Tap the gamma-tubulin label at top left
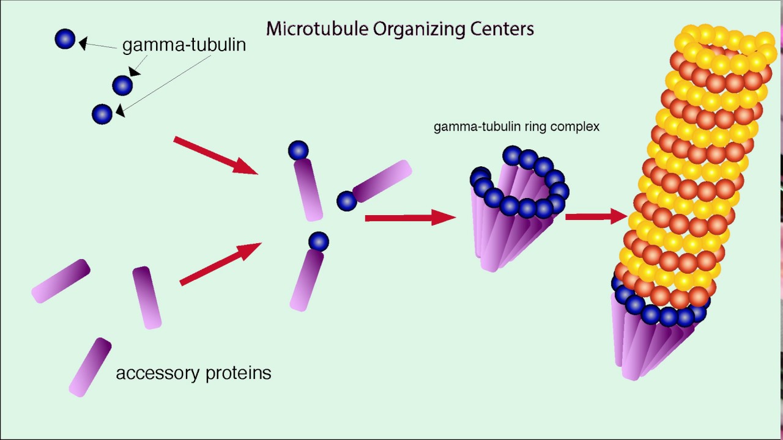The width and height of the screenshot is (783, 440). (184, 45)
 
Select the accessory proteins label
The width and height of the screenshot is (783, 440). (193, 373)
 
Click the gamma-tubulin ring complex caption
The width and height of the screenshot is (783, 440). (516, 127)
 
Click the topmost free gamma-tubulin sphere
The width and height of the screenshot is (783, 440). (65, 39)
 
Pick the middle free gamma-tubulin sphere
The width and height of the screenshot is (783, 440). (122, 86)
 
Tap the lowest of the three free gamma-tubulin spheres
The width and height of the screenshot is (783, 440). (102, 114)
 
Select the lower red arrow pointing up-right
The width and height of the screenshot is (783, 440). (220, 264)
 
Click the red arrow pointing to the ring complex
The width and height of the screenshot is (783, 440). (410, 218)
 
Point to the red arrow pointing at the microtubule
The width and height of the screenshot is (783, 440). (596, 216)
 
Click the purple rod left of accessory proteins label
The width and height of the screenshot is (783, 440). (90, 367)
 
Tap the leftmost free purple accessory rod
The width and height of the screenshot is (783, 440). (61, 281)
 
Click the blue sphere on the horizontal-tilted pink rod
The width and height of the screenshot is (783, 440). (347, 201)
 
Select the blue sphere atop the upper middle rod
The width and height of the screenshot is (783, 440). (298, 150)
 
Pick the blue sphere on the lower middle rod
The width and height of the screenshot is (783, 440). (319, 241)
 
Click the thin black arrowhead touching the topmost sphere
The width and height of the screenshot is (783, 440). (83, 43)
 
